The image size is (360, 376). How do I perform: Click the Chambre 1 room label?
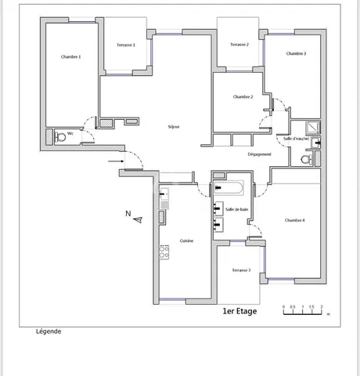coord(70,56)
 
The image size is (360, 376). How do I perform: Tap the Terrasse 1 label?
coord(125,45)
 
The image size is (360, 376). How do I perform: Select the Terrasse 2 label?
coord(239,45)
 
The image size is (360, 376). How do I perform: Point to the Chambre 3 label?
coord(296,53)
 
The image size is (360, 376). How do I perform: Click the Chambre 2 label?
coord(243,96)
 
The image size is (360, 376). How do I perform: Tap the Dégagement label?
coord(259,155)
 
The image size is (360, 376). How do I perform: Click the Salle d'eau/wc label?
coord(297,138)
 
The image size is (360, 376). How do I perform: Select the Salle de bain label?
coord(236,209)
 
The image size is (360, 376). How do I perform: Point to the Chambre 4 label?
coord(295,220)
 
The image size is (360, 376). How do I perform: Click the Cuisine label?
coord(186,240)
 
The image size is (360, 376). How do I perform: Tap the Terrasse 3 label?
coord(241,269)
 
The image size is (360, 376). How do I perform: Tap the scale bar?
coord(304,312)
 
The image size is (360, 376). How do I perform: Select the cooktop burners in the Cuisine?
coord(164,251)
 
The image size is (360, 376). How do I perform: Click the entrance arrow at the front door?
coord(115,162)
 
